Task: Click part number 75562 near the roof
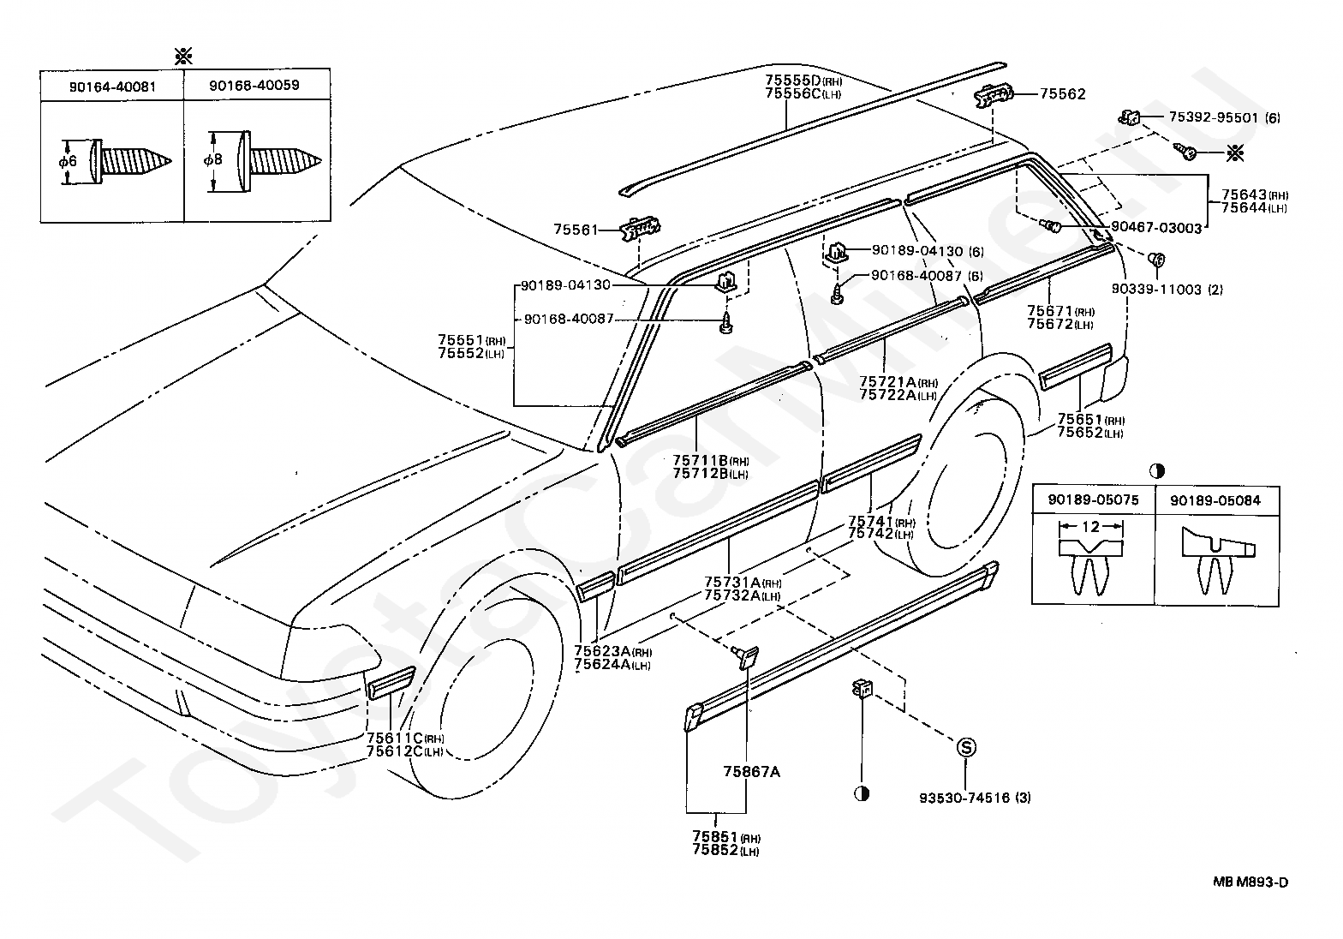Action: point(1062,95)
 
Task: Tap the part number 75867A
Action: point(750,771)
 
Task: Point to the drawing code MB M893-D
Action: point(1250,882)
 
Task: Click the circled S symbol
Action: point(965,747)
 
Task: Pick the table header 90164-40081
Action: point(111,87)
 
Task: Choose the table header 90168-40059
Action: point(257,87)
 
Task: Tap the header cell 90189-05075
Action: point(1093,499)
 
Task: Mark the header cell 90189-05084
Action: point(1215,499)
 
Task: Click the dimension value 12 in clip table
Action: point(1090,527)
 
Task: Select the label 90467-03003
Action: point(1156,227)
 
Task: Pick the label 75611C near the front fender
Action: point(395,739)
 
